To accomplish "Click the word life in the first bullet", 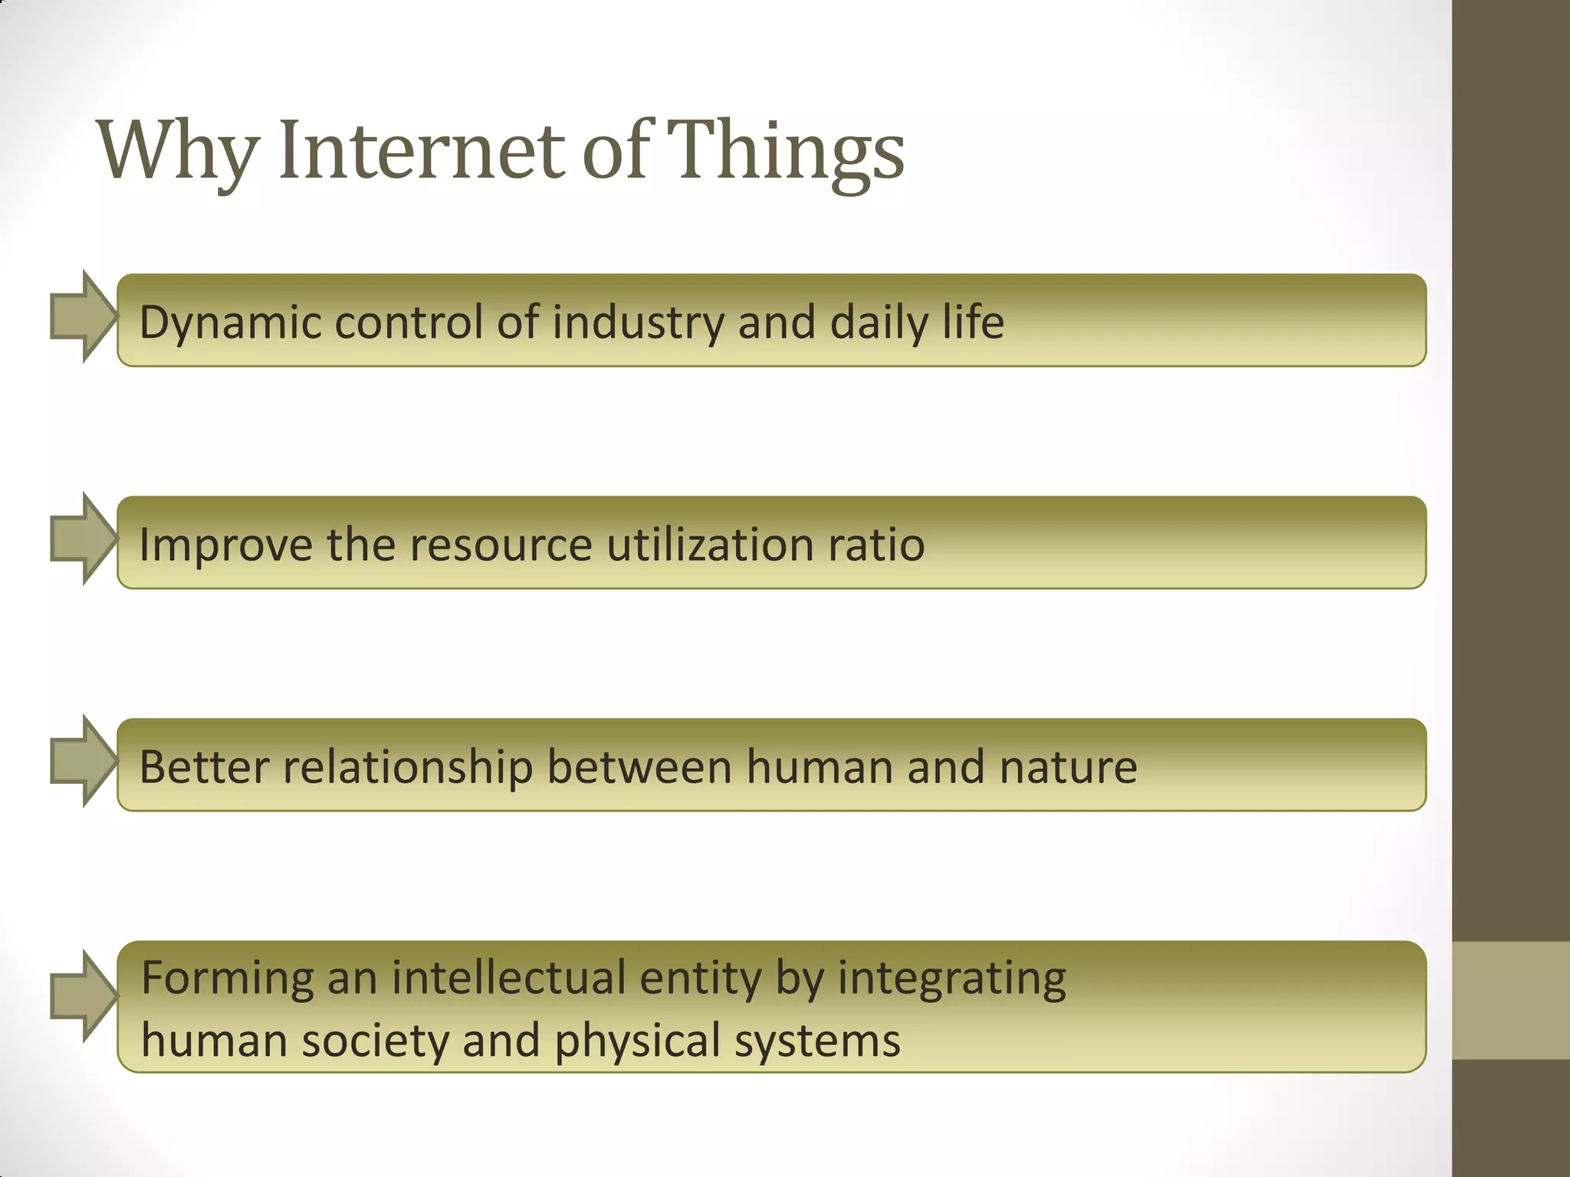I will (974, 322).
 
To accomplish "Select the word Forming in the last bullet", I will (227, 979).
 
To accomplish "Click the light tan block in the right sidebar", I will (1511, 1001).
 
